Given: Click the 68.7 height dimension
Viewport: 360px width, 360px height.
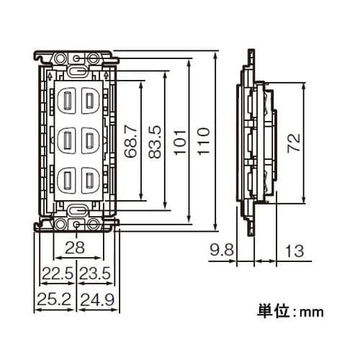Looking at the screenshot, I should coord(130,140).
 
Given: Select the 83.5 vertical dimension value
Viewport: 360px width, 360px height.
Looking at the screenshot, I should coord(153,140).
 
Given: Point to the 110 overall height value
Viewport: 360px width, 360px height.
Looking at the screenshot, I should coord(203,140).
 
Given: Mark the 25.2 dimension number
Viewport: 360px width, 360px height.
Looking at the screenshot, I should coord(53,297).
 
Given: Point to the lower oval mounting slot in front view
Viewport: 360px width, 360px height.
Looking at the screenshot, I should coord(77,210).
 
